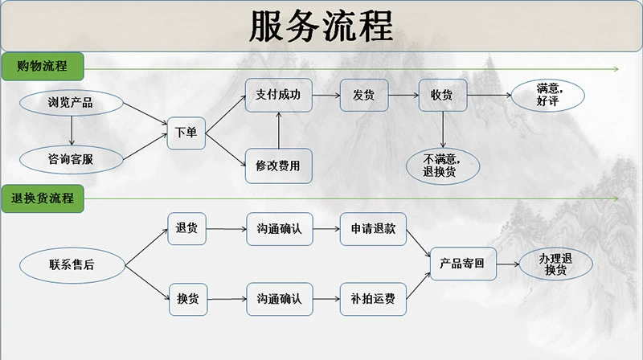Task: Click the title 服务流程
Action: [321, 27]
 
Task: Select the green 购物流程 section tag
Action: [41, 65]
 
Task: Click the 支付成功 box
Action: [278, 95]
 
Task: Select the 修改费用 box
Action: [278, 166]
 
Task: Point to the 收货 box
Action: [442, 95]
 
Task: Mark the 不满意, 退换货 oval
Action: [444, 165]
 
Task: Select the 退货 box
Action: [186, 228]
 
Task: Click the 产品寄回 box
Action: [463, 263]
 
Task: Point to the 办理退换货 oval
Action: [556, 263]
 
